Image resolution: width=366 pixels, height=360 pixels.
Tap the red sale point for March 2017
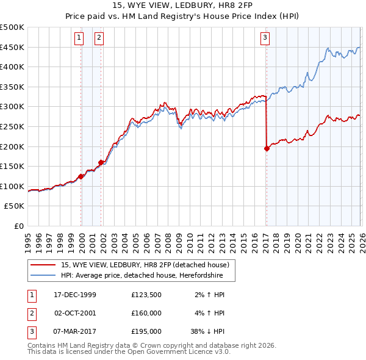click(267, 148)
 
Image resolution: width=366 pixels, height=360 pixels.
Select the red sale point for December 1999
click(81, 176)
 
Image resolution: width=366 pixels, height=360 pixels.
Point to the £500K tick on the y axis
click(12, 27)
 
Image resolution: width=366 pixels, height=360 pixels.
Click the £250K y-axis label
click(12, 126)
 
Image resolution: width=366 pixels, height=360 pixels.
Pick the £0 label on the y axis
click(20, 226)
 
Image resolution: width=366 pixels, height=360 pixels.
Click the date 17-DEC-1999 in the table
click(75, 295)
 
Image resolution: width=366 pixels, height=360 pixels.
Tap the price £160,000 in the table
click(146, 313)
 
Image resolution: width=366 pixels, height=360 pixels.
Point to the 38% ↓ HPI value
click(210, 331)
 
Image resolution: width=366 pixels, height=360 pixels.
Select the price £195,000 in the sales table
click(146, 331)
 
